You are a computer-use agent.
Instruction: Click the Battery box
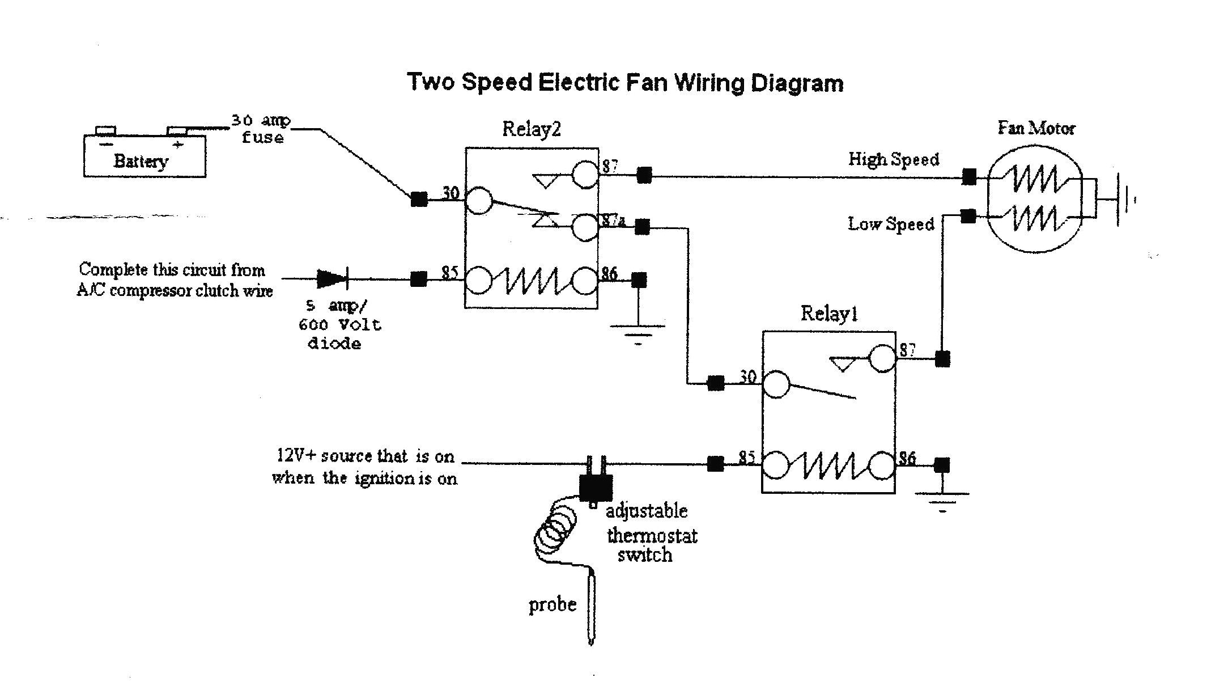(x=145, y=157)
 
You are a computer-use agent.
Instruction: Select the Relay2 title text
(x=531, y=129)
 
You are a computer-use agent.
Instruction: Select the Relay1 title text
(x=828, y=314)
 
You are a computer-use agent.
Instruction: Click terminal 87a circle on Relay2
(x=585, y=227)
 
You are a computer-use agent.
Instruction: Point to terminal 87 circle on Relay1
(x=883, y=359)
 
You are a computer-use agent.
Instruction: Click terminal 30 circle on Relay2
(x=479, y=201)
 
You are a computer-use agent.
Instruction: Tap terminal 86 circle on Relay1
(x=883, y=465)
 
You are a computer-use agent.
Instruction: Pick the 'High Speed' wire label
(x=893, y=159)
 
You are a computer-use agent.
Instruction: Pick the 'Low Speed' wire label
(x=890, y=225)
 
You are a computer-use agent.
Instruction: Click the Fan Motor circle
(x=1034, y=198)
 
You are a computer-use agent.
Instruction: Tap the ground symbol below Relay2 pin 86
(x=638, y=335)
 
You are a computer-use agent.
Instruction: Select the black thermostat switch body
(x=595, y=486)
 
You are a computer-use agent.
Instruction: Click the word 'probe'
(x=552, y=604)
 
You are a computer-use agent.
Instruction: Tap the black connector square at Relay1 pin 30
(x=715, y=384)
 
